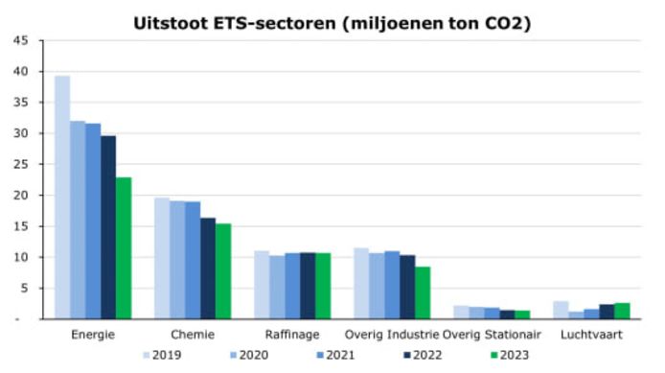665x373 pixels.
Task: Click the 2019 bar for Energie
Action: [x=62, y=197]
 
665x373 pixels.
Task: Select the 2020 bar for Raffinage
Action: [x=277, y=287]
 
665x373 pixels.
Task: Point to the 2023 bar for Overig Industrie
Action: [x=423, y=292]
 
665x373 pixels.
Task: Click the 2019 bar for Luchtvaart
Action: [x=561, y=310]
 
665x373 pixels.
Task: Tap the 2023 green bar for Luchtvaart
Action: [x=622, y=311]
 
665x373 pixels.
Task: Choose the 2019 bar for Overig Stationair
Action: [x=461, y=312]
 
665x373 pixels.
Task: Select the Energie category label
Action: [x=93, y=334]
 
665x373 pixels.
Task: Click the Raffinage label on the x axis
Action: [x=291, y=334]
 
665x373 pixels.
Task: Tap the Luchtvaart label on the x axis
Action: [x=590, y=334]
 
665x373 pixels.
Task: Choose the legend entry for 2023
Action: [x=507, y=355]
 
